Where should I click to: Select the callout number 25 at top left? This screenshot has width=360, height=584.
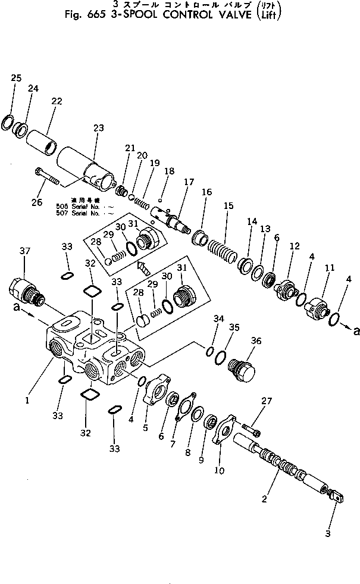tap(16, 78)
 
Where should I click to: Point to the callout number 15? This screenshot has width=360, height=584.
tap(228, 205)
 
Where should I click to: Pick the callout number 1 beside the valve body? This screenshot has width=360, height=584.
tap(27, 401)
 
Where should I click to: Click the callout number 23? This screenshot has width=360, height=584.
tap(98, 127)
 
